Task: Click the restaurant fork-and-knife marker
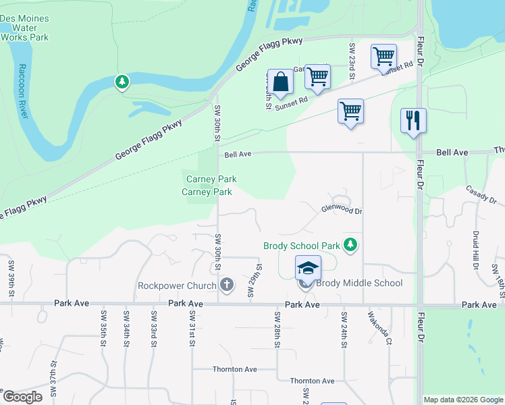[x=413, y=122]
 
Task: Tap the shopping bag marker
[x=280, y=82]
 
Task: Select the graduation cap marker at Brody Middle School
[x=308, y=269]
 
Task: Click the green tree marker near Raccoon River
[x=122, y=82]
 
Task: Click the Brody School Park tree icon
[x=350, y=244]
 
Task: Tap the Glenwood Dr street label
[x=342, y=211]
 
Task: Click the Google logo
[x=22, y=397]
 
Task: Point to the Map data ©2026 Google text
[x=462, y=400]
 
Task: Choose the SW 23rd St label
[x=352, y=61]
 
